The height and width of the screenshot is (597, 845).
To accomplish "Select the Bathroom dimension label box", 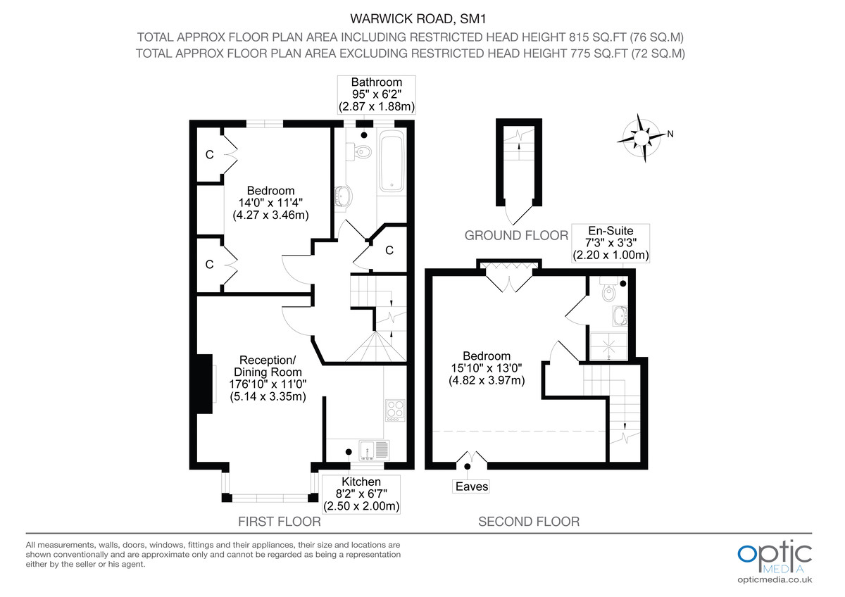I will pos(376,95).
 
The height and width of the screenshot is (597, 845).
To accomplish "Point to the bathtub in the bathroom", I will pos(391,162).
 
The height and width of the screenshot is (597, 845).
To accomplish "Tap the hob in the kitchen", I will pos(394,409).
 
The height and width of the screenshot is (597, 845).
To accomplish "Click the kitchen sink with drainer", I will pos(373,449).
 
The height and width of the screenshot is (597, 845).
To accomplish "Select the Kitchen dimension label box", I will pos(361,494).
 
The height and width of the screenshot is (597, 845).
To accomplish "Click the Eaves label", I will pos(471,486).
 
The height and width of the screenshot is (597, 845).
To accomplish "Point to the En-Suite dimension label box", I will pos(610,243).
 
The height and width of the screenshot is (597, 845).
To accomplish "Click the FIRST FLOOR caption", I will pos(280,522).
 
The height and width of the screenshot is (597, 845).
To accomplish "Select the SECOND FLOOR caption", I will pos(529,522).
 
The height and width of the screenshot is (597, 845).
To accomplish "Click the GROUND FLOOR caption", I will pos(516,235).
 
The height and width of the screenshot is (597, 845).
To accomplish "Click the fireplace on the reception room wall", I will pos(206,383).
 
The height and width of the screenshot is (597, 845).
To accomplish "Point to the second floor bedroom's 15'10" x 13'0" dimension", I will pos(487,368).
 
